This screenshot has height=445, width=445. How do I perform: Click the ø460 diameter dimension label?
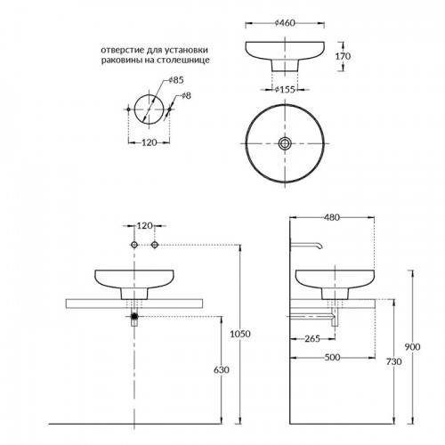click(285, 23)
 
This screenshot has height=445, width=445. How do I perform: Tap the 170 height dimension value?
click(343, 56)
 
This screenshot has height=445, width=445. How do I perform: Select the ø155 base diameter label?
click(285, 89)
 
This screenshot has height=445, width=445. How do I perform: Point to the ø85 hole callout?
click(176, 80)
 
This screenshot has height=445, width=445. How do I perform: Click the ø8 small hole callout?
click(186, 95)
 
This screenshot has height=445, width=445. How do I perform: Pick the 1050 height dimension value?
click(240, 334)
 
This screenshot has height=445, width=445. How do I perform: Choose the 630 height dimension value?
click(222, 370)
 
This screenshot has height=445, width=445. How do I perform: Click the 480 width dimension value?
click(332, 217)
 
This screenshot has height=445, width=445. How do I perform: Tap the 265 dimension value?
click(312, 338)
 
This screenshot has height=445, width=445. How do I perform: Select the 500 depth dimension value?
click(332, 358)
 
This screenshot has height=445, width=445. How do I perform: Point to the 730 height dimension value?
click(394, 361)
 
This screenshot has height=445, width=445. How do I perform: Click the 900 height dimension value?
click(412, 347)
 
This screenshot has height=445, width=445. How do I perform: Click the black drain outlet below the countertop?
click(134, 316)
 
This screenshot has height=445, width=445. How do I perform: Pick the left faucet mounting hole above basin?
click(134, 245)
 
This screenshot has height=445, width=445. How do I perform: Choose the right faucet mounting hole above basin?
click(155, 245)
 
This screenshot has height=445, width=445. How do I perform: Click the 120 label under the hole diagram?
click(149, 142)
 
